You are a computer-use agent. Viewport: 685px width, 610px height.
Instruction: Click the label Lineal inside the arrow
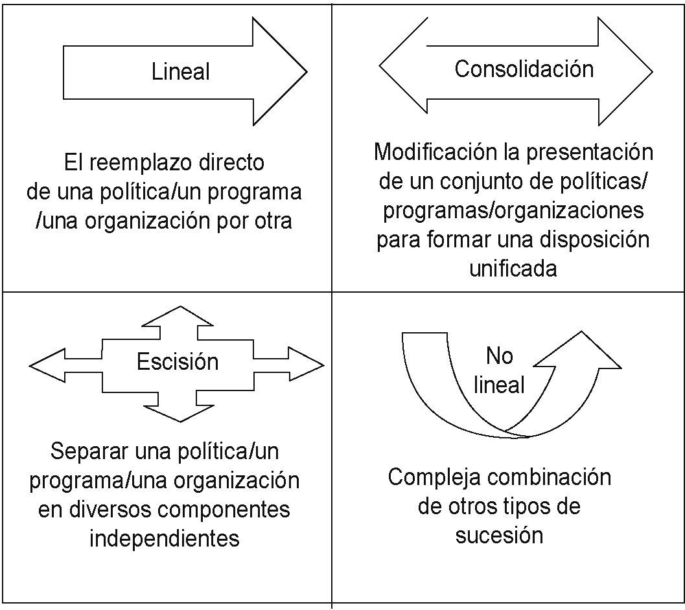(181, 71)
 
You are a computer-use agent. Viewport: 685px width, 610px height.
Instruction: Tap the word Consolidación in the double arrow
(524, 69)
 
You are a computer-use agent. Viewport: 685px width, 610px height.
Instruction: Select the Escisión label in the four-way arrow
(177, 361)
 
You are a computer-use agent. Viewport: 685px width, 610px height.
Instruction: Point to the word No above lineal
(499, 356)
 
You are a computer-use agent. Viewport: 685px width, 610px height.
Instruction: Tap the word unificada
(513, 268)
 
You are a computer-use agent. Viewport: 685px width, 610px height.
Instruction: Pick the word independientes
(164, 538)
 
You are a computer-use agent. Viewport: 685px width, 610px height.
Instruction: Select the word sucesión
(498, 536)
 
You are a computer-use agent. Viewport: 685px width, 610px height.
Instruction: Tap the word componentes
(220, 509)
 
